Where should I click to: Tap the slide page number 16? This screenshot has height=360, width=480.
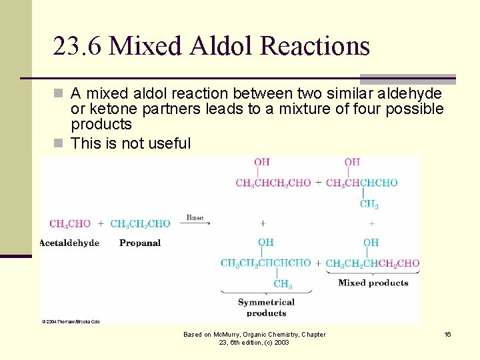click(x=447, y=334)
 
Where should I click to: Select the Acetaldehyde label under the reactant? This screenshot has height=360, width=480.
click(x=69, y=243)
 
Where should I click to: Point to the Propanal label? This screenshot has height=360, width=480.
click(x=140, y=243)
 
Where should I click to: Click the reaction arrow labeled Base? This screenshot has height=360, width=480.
click(x=195, y=224)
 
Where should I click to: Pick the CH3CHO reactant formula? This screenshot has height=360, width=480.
click(x=70, y=223)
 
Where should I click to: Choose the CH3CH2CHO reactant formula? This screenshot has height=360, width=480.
click(x=140, y=223)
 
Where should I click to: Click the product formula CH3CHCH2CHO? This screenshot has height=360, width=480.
click(x=273, y=183)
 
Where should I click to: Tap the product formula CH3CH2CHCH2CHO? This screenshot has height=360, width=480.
click(x=373, y=263)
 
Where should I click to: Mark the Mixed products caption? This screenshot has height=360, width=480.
click(x=373, y=283)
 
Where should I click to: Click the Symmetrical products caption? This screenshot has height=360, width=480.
click(x=266, y=307)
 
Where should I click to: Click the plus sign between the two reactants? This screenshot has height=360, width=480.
click(x=101, y=223)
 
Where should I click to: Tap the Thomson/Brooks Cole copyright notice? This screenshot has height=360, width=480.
click(x=71, y=321)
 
